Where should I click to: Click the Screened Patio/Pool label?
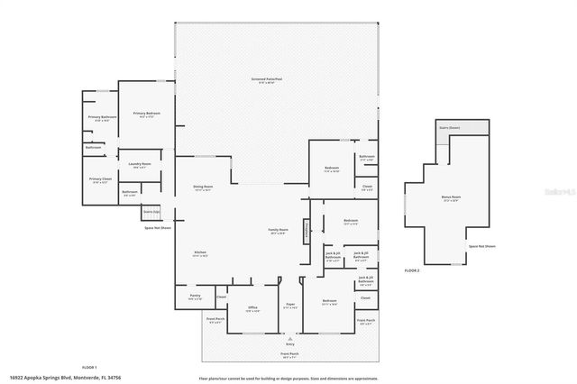[267, 79]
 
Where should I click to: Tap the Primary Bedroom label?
[146, 114]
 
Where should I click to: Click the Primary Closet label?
[100, 180]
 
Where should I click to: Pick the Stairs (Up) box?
[151, 213]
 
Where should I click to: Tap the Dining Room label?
[202, 187]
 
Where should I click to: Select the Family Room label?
[278, 231]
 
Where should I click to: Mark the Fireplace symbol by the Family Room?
[307, 231]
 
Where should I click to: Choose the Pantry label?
[194, 296]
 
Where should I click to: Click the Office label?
[253, 309]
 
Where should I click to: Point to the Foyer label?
[290, 306]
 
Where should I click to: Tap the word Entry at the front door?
[290, 343]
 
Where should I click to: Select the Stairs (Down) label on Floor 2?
[449, 128]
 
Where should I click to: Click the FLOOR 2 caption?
[412, 270]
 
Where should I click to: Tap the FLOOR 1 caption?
[89, 367]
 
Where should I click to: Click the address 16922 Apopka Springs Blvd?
[65, 377]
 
